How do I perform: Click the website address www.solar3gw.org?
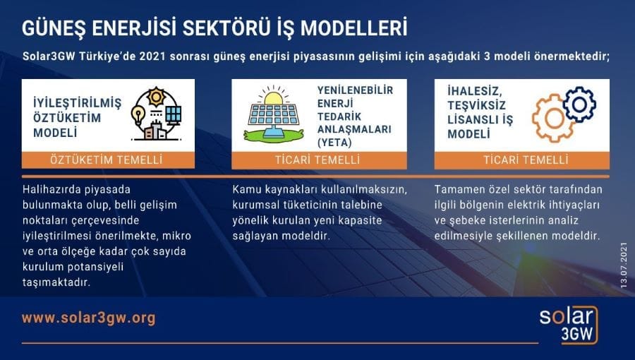click(x=88, y=318)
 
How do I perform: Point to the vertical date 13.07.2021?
click(x=624, y=262)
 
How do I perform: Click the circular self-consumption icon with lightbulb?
click(x=155, y=114)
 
